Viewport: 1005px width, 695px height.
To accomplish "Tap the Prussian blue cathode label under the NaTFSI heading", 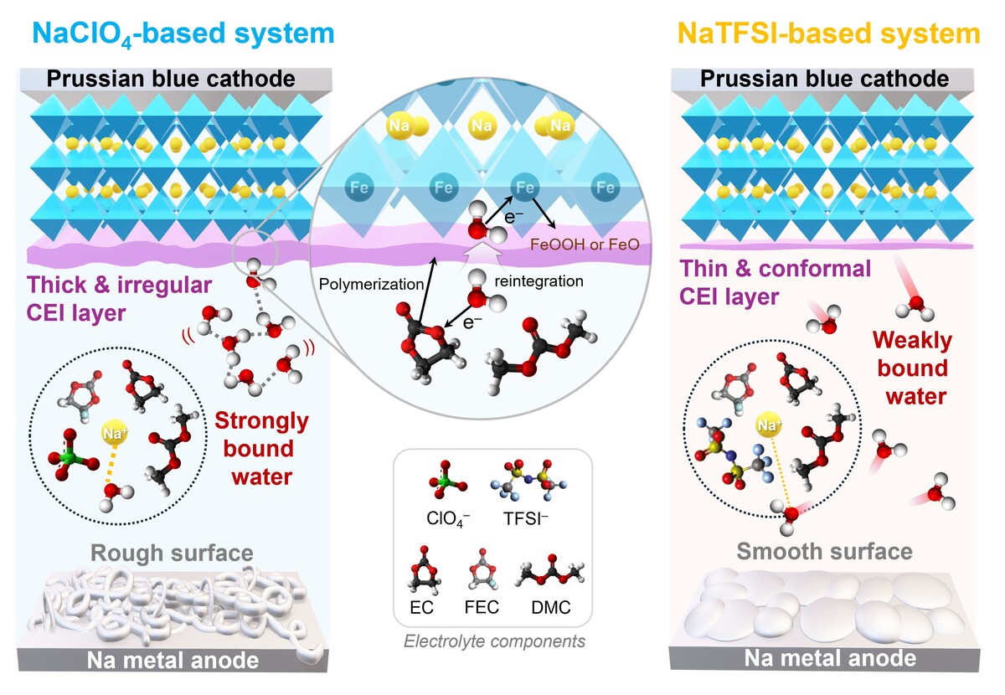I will pos(824,79).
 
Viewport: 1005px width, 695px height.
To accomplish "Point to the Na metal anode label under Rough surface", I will pos(173,661).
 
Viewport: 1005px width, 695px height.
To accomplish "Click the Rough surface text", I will pos(171,553).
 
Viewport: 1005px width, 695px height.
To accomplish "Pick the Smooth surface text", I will pos(824,551).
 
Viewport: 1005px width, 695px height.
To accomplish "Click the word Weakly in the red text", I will pos(912,340).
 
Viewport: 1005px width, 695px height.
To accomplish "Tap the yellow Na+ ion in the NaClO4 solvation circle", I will pos(115,433).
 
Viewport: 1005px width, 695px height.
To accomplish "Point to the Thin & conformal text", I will pos(776,269).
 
